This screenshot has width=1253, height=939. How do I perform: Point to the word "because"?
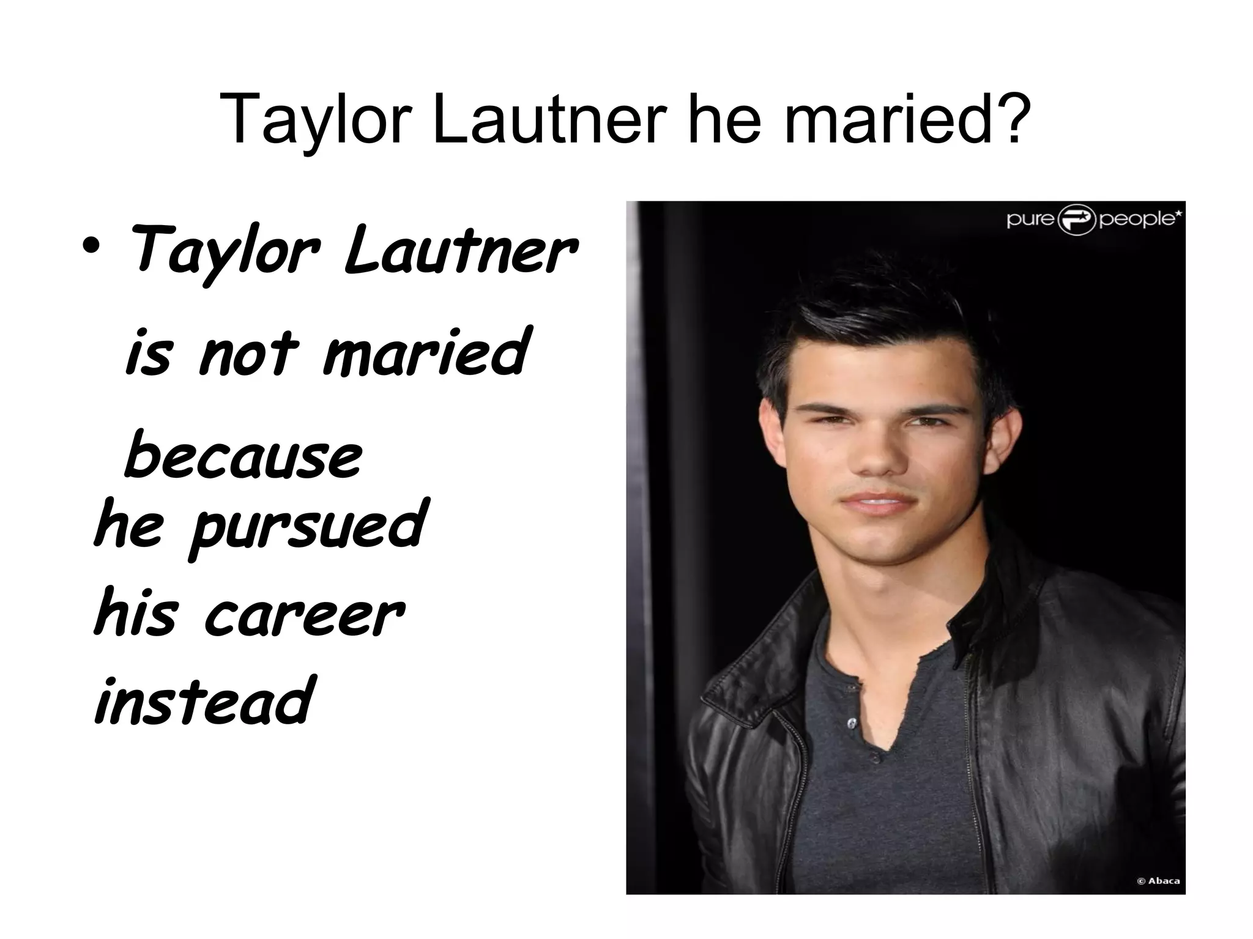244,456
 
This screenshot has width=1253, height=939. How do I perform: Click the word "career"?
303,614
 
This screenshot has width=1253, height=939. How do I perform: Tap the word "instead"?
204,700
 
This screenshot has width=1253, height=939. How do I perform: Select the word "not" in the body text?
248,353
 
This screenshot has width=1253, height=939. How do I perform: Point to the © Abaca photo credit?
1158,881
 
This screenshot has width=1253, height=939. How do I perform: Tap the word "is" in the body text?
147,353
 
